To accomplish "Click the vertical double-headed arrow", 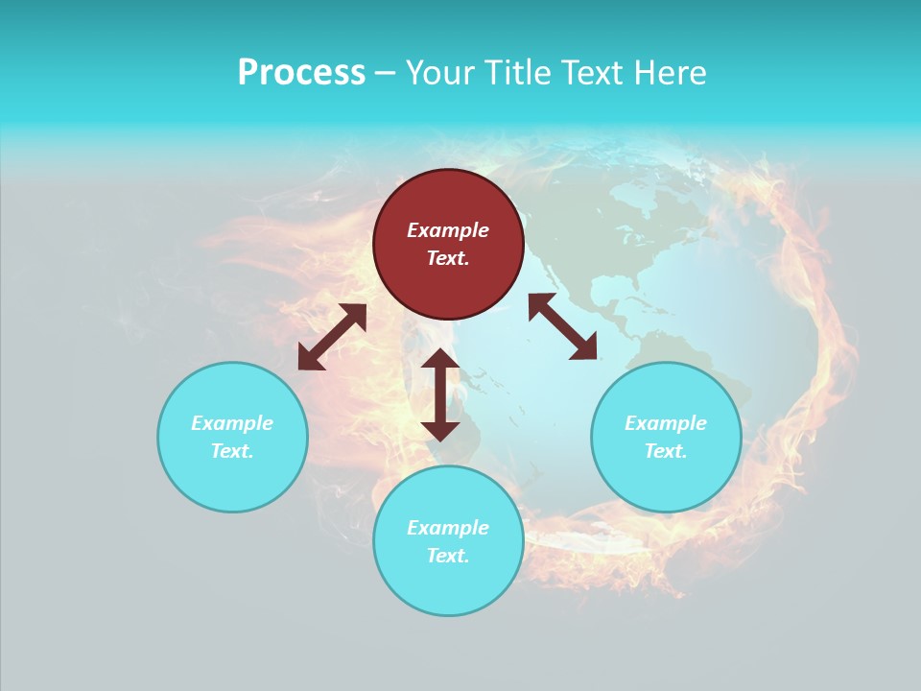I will [440, 394].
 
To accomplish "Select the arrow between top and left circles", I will [332, 337].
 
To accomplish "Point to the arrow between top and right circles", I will [562, 326].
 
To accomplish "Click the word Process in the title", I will [301, 72].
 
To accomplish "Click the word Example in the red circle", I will [448, 230].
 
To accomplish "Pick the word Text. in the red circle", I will [448, 258].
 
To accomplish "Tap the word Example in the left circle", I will [232, 423].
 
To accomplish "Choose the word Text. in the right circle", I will [666, 451].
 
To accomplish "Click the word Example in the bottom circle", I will [448, 528].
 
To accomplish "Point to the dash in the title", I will [385, 73].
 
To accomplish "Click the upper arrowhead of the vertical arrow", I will [440, 360].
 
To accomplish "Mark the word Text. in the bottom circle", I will [448, 556].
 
